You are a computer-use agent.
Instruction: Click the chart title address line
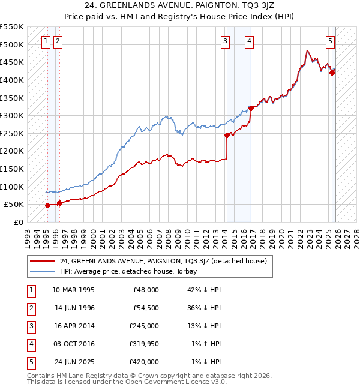click(x=179, y=6)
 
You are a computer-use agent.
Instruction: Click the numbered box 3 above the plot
click(x=225, y=41)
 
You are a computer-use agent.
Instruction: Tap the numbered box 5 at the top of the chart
click(x=331, y=41)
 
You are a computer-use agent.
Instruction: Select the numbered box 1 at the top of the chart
click(x=46, y=41)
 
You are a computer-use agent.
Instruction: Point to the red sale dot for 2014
click(x=227, y=136)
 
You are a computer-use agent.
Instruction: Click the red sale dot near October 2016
click(x=251, y=109)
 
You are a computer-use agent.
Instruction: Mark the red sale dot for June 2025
click(x=332, y=73)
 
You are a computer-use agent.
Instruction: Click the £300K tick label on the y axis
click(x=12, y=115)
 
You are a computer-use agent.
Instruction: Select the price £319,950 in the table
click(x=144, y=344)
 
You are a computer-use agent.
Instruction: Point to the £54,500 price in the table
click(x=146, y=308)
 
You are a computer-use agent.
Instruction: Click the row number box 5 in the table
click(x=31, y=362)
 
